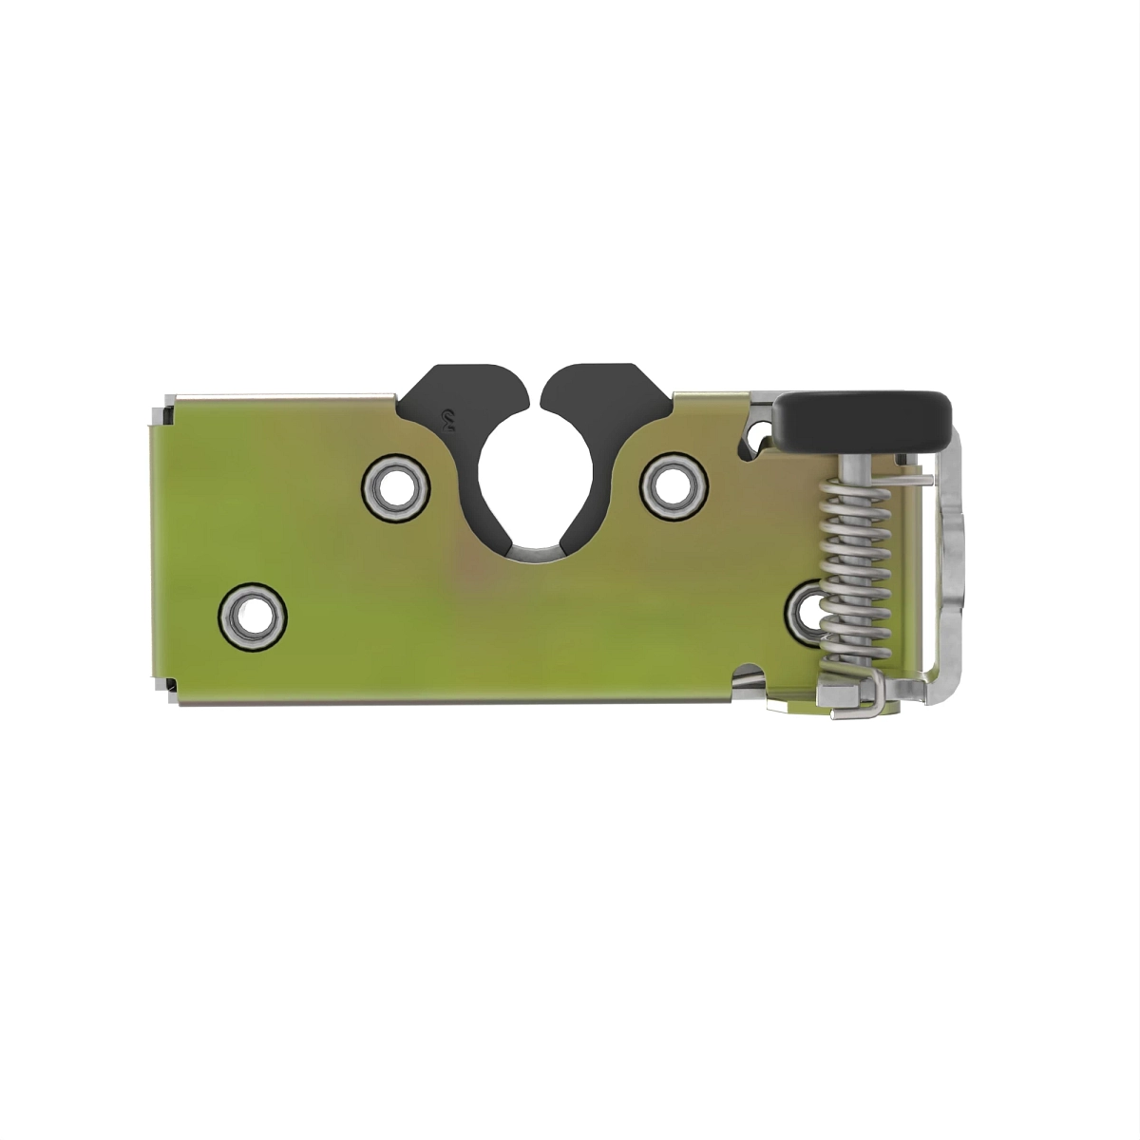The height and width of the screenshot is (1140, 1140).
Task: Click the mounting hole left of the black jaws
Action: tap(392, 486)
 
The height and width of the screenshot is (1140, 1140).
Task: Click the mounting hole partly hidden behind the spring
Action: tap(807, 608)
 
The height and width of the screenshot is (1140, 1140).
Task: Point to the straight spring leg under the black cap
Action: tap(898, 480)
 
